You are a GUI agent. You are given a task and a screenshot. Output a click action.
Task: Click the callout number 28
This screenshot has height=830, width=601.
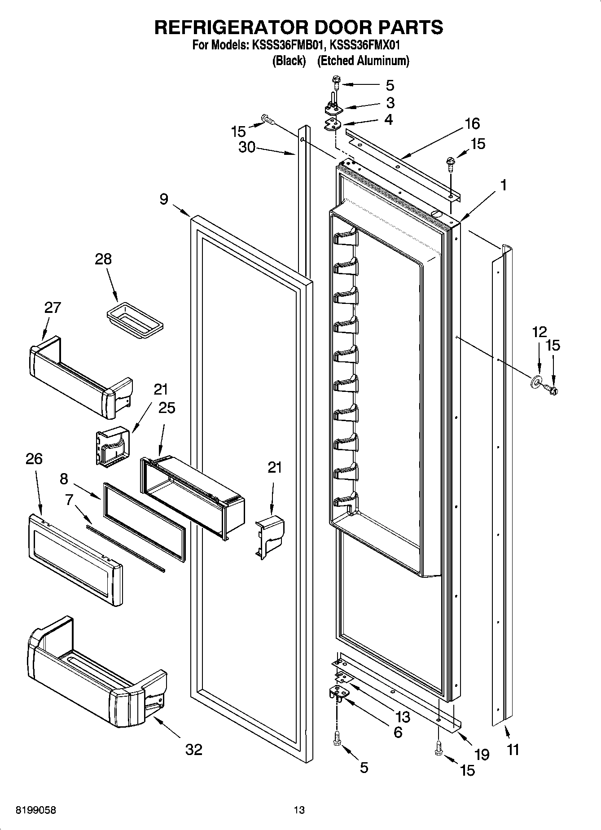[x=103, y=259]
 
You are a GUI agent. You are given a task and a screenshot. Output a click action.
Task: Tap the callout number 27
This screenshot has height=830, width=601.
[x=52, y=307]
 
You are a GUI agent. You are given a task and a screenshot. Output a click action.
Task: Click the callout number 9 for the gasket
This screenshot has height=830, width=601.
[x=164, y=198]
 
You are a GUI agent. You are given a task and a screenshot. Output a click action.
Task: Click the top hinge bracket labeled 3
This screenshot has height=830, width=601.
[x=333, y=108]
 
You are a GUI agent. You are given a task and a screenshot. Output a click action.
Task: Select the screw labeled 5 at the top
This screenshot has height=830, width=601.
[x=336, y=82]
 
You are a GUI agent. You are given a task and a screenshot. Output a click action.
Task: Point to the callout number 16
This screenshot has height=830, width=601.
[x=472, y=123]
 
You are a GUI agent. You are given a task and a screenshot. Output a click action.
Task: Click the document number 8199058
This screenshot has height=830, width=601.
[x=36, y=810]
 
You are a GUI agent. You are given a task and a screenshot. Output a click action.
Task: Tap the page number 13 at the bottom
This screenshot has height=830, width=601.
[x=299, y=810]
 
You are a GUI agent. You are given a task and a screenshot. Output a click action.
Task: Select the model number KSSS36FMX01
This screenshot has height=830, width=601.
[x=365, y=45]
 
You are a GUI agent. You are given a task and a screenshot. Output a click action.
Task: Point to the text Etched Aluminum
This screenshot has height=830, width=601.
[x=363, y=61]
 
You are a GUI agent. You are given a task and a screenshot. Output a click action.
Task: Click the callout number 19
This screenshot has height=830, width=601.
[x=482, y=755]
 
